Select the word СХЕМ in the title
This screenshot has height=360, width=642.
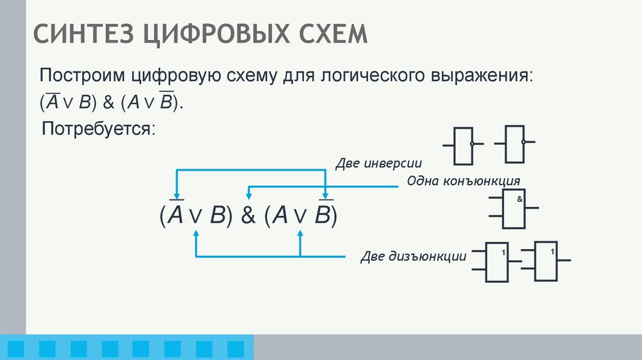coord(335,33)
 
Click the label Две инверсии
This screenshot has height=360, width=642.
coord(377,163)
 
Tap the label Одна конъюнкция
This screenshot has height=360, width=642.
coord(464,181)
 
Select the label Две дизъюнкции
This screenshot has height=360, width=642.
coord(413,257)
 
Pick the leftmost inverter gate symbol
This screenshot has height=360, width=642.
coord(463,144)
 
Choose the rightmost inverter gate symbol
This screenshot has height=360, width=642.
coord(514,144)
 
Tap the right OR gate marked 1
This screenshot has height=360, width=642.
coord(545,260)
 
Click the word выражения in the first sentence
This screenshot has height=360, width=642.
coord(488,77)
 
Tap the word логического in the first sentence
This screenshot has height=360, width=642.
coord(377,77)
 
